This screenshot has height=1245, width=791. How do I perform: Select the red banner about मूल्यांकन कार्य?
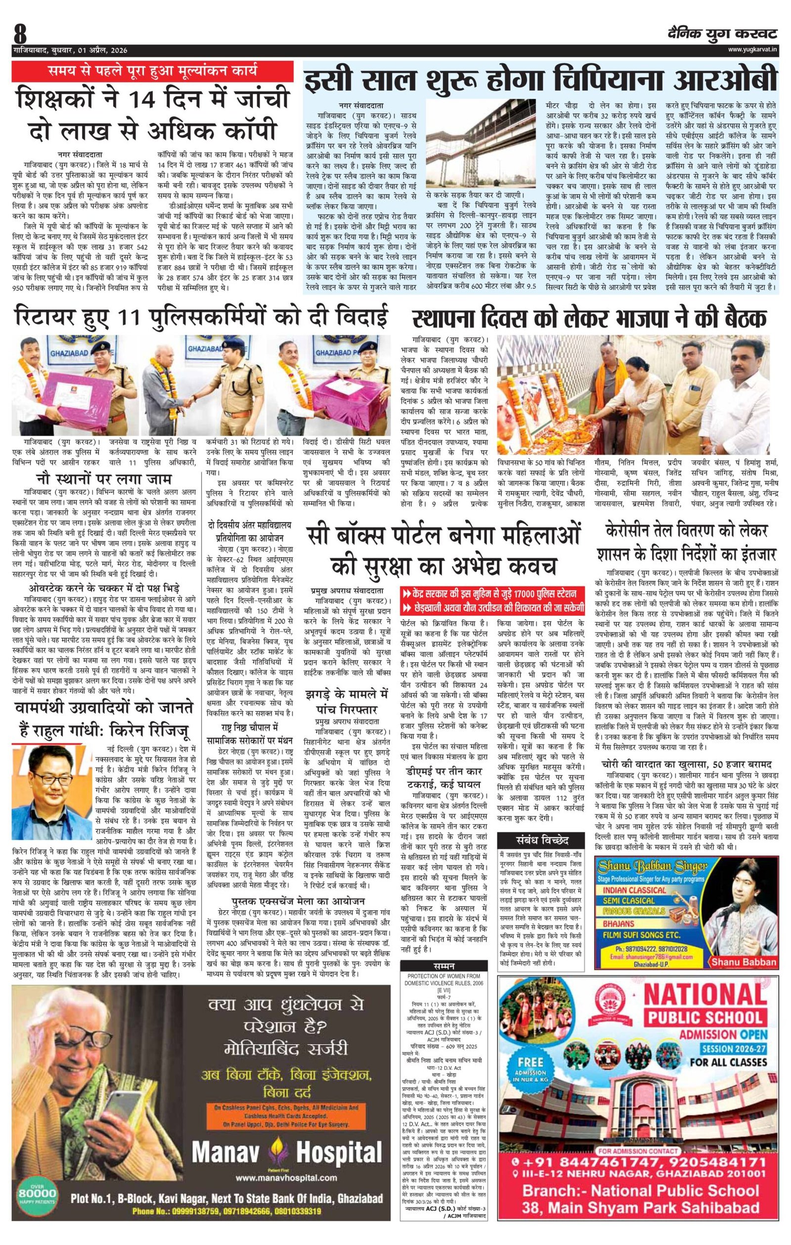click(150, 71)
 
